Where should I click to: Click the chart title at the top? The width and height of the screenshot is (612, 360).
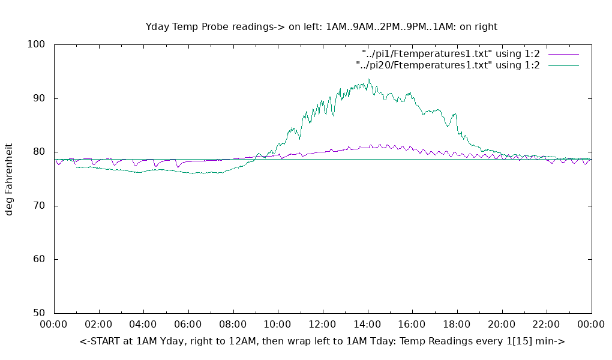point(322,26)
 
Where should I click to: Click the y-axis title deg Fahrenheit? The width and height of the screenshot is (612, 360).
point(9,179)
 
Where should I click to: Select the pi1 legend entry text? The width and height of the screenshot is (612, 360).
point(451,54)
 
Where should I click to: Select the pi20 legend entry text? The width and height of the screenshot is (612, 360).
point(448,65)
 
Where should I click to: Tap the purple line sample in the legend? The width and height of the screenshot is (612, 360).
point(563,54)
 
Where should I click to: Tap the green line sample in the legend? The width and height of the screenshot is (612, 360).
point(563,65)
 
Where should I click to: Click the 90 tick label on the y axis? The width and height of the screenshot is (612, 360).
point(39,98)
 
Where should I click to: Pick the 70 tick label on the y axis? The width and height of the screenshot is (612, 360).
point(39,206)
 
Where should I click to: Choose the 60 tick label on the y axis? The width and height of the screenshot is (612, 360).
point(39,260)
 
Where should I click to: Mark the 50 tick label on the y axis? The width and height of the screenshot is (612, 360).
point(39,313)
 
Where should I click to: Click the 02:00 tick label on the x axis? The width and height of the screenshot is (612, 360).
point(98,325)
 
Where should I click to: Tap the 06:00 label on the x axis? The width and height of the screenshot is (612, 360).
point(188,325)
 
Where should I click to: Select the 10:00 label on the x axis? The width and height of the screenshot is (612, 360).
point(278,325)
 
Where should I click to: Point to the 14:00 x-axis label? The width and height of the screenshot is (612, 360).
point(367,325)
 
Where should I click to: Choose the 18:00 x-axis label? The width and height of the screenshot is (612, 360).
point(457,325)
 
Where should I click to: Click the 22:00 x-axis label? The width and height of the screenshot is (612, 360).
point(547,325)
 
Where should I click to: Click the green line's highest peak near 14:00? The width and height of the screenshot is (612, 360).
point(369,79)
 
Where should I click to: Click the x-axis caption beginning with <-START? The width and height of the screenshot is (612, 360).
point(322,341)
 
